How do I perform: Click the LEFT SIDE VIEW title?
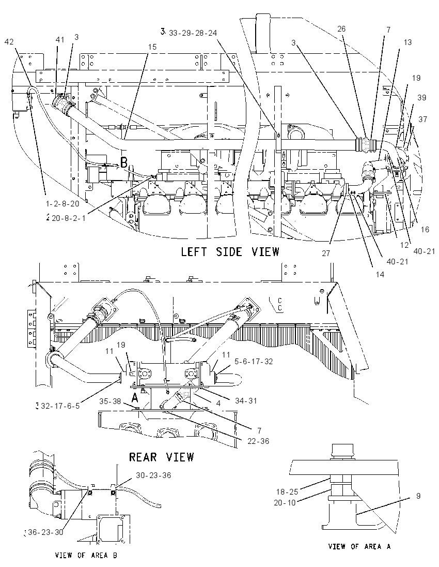[230, 251]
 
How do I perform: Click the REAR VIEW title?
[161, 457]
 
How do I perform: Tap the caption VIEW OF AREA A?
[359, 546]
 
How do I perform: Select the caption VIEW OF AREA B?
[86, 555]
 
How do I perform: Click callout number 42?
[9, 42]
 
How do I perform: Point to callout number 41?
[60, 39]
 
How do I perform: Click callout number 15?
[152, 47]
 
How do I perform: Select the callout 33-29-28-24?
[193, 33]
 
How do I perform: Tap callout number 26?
[341, 29]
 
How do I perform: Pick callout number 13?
[407, 42]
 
